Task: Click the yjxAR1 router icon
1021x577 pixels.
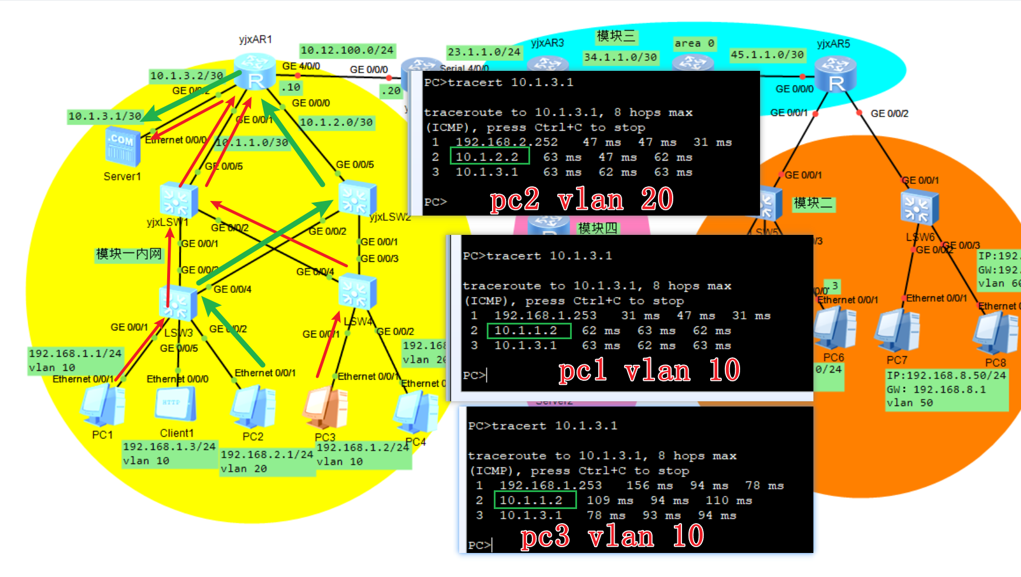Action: [x=255, y=71]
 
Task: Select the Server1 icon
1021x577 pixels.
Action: [x=123, y=146]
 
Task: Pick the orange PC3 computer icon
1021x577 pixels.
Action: [x=325, y=408]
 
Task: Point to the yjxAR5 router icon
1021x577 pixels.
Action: [x=836, y=74]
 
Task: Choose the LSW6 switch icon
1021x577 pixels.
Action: [x=919, y=209]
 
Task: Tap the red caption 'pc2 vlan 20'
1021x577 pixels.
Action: [x=581, y=200]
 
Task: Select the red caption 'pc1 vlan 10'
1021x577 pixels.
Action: [x=649, y=371]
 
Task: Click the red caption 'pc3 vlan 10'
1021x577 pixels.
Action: [x=612, y=536]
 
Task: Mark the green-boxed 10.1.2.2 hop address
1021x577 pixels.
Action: [x=490, y=156]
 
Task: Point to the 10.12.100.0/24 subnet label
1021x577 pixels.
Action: [x=347, y=50]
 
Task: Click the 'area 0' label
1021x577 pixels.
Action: [x=694, y=43]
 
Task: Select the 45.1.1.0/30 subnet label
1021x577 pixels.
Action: [x=767, y=54]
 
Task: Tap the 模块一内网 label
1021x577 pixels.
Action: [x=128, y=254]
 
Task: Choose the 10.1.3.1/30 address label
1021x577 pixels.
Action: [x=105, y=116]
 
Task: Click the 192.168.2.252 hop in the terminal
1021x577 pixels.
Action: [x=506, y=142]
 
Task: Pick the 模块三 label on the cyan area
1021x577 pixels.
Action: [x=616, y=36]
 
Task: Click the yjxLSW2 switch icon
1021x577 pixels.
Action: [x=357, y=197]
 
